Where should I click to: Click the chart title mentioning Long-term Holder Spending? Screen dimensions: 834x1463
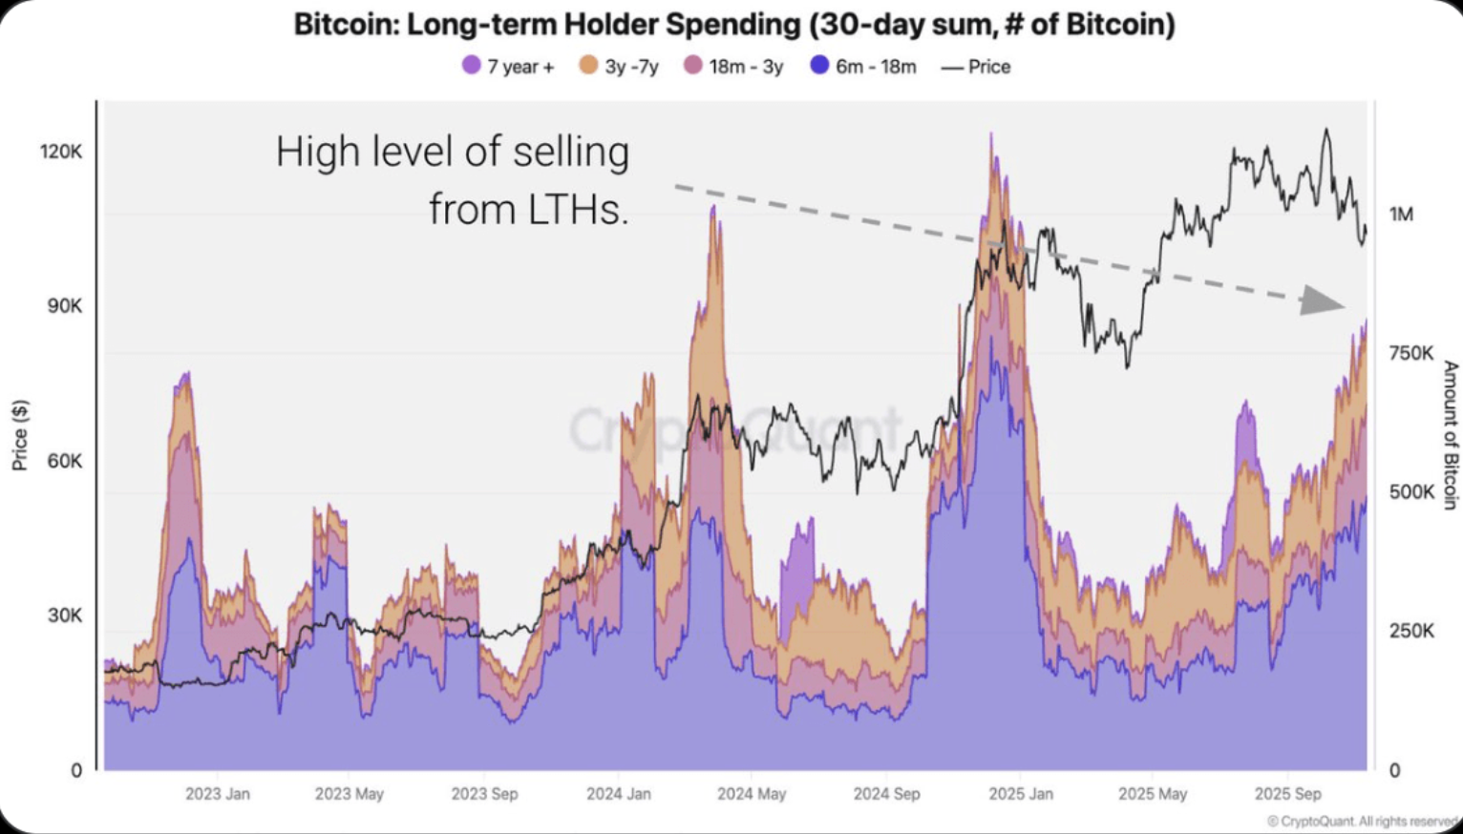coord(733,24)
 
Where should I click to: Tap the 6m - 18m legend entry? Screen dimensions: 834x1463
coord(863,66)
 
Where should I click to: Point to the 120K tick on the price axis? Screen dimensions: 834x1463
coord(61,152)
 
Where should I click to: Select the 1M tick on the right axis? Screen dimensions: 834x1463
coord(1401,215)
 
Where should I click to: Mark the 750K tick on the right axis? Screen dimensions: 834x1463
coord(1410,354)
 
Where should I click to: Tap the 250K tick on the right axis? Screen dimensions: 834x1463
coord(1410,631)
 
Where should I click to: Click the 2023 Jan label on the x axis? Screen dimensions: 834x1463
coord(218,794)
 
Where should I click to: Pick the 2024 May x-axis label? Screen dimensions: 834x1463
coord(752,794)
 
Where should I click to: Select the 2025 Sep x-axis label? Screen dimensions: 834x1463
coord(1287,794)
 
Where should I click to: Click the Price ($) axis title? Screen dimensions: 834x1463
coord(19,435)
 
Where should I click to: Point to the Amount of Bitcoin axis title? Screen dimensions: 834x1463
coord(1450,435)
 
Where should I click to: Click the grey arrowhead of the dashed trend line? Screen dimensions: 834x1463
coord(1325,302)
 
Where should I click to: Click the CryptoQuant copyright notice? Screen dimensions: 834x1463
coord(1363,821)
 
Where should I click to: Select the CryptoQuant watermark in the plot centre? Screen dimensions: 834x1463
coord(735,429)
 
